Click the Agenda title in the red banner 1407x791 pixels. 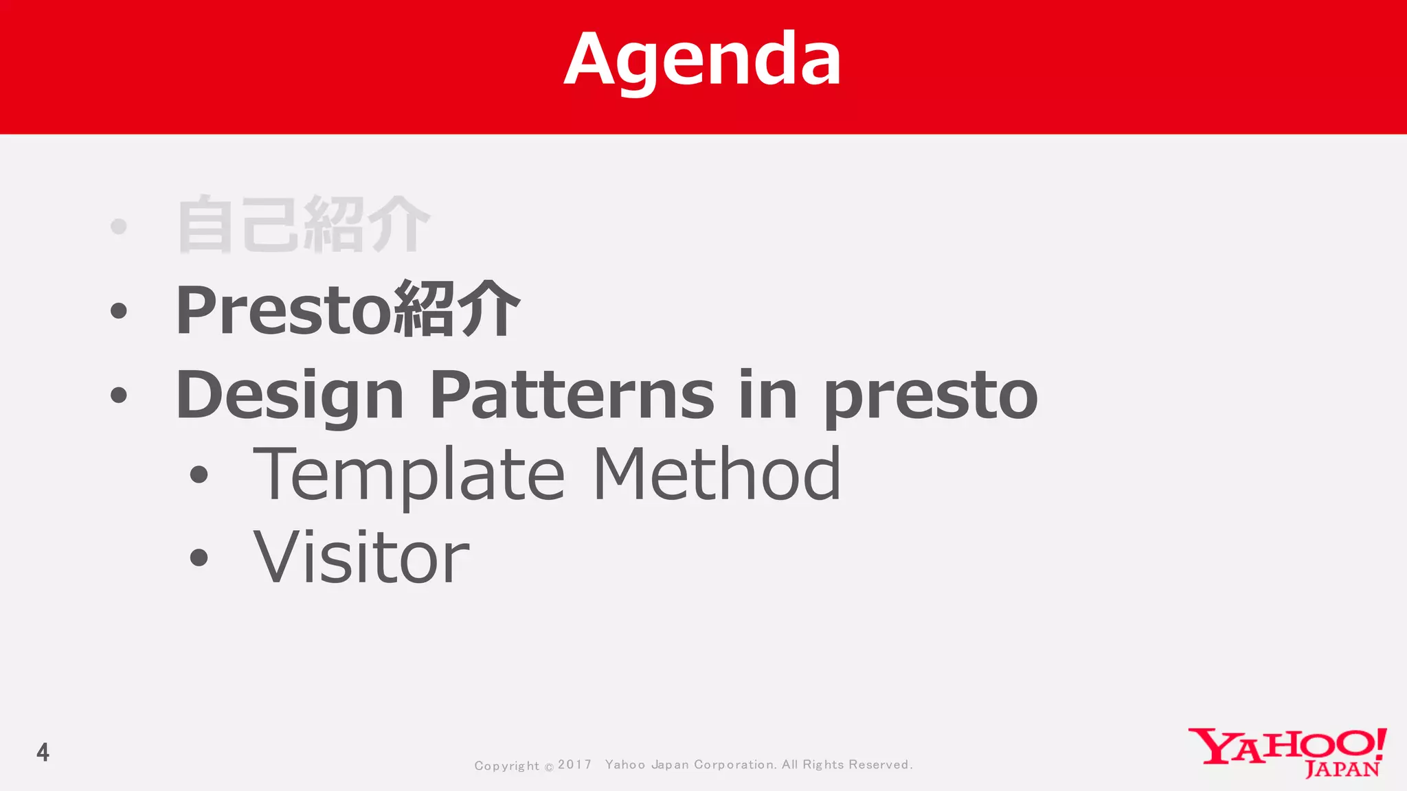pos(702,60)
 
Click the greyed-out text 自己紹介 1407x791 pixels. pos(303,225)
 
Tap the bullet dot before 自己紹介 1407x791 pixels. pos(119,226)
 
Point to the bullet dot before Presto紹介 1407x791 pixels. pos(119,310)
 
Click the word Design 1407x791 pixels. pos(289,395)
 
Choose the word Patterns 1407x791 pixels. pos(572,395)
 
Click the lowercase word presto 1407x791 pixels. pos(931,397)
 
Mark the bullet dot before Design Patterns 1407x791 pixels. pos(119,395)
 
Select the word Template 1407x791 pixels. pos(409,475)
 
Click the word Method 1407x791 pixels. pos(717,474)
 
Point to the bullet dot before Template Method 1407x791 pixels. pos(199,474)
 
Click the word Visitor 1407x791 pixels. pos(361,558)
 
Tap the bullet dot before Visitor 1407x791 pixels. pos(199,558)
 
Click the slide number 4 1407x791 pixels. pos(43,753)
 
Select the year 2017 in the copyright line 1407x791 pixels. pos(574,764)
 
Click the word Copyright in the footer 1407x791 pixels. pos(506,766)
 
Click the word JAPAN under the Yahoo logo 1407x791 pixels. pos(1342,769)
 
